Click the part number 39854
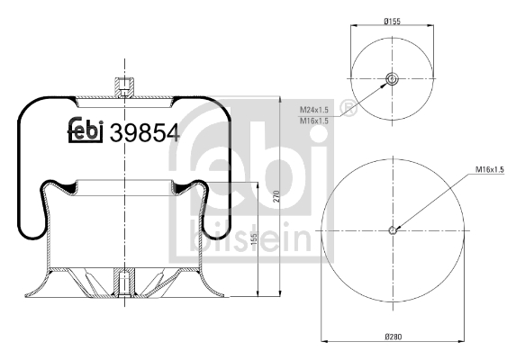click(x=144, y=132)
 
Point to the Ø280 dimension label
click(x=393, y=337)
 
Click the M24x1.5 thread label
click(x=313, y=108)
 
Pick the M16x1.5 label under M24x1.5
click(x=313, y=119)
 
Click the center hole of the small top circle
click(x=393, y=79)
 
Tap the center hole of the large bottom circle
click(x=393, y=229)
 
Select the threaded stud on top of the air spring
click(x=123, y=88)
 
